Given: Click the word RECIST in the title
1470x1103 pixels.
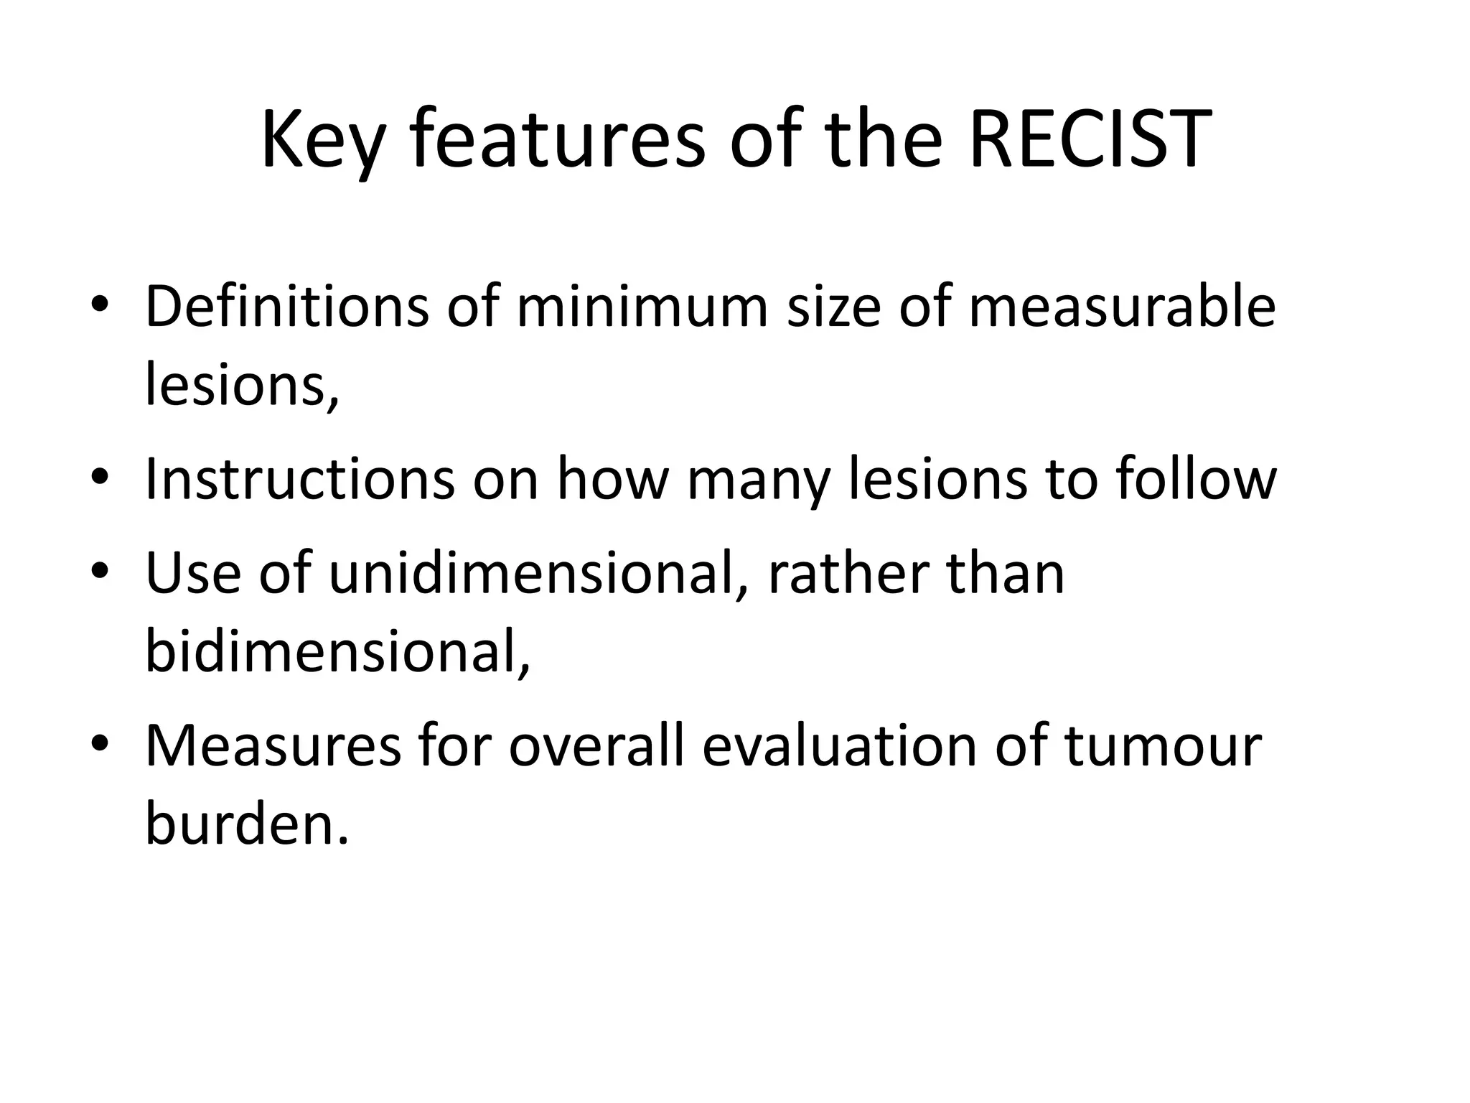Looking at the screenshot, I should tap(1090, 140).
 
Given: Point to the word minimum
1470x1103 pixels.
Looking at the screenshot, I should tap(642, 307).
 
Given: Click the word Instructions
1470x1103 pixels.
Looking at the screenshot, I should tap(300, 479).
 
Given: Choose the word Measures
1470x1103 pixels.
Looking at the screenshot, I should tap(273, 747).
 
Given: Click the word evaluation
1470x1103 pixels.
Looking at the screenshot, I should tap(839, 747).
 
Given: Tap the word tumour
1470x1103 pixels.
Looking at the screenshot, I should tap(1163, 747).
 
